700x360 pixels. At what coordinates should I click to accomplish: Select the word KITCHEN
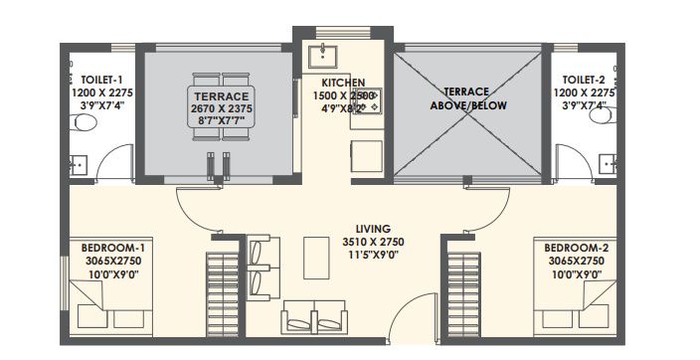coord(342,82)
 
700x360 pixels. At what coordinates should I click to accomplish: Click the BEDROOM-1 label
coord(114,247)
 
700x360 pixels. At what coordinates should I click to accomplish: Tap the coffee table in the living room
coord(317,259)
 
